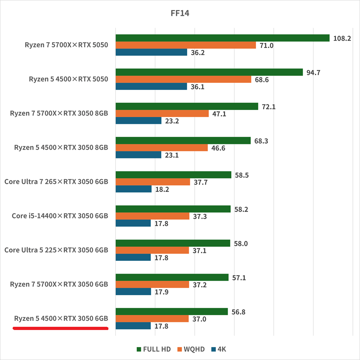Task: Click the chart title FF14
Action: click(x=180, y=13)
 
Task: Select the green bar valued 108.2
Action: click(x=222, y=38)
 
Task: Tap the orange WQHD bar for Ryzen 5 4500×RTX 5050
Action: click(x=184, y=79)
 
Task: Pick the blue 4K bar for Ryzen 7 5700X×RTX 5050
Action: click(x=151, y=52)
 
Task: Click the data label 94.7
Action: click(x=313, y=72)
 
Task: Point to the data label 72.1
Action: click(x=269, y=107)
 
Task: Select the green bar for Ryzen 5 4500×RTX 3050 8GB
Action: click(x=183, y=141)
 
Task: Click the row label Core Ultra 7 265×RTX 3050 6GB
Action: click(x=56, y=182)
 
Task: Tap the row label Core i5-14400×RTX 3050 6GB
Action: click(x=60, y=216)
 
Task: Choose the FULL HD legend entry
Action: click(x=154, y=349)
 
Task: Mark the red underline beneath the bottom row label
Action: click(x=60, y=328)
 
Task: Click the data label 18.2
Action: click(x=162, y=189)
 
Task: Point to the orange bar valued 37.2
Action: click(x=152, y=284)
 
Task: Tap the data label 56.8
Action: click(x=238, y=312)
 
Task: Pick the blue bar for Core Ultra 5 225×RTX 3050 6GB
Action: click(x=133, y=257)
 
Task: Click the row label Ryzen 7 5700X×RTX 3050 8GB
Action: click(x=59, y=113)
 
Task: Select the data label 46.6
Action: click(x=218, y=148)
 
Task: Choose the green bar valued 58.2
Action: click(x=173, y=209)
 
